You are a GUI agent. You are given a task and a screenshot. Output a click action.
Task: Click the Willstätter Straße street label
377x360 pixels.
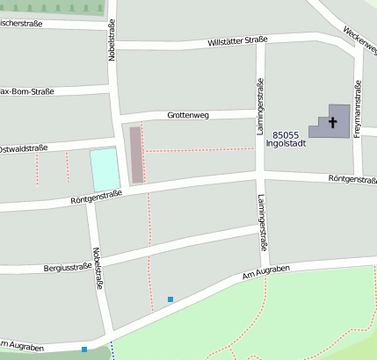pos(236,40)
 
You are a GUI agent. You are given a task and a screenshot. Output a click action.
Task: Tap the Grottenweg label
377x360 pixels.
pos(192,115)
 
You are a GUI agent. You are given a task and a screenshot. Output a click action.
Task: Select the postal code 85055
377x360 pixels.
pos(287,135)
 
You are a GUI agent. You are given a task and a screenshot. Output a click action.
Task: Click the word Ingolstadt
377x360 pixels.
pos(286,145)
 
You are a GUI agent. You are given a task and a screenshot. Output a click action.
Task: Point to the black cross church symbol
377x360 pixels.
pos(332,123)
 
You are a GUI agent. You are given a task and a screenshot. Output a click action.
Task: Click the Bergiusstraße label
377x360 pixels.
pos(66,267)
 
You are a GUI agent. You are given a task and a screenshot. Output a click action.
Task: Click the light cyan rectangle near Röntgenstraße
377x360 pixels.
pos(105,169)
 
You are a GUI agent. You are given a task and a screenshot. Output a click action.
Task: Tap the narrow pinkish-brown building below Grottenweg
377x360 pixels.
pos(136,155)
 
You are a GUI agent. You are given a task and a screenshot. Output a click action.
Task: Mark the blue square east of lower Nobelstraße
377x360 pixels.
pos(170,299)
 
